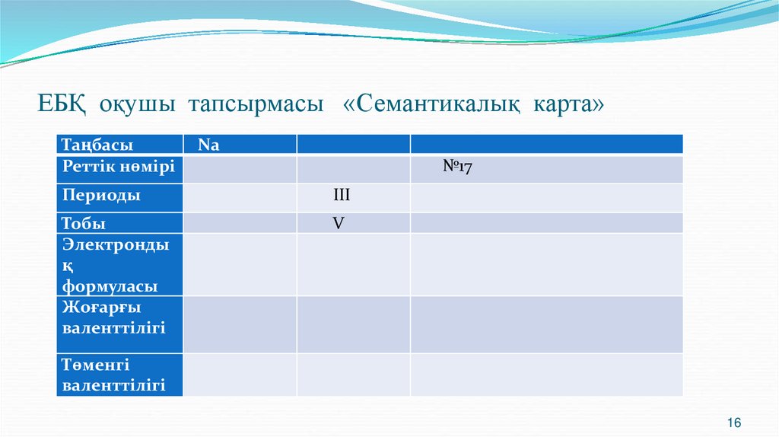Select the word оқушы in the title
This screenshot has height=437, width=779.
132,105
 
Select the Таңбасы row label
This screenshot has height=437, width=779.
98,145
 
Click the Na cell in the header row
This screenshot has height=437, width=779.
208,145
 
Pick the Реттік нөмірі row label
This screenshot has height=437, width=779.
119,167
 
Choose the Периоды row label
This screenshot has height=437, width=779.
101,195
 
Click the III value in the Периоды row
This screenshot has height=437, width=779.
342,196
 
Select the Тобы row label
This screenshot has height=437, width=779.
84,223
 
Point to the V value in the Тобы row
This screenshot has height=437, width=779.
339,223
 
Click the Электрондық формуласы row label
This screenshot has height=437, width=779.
114,265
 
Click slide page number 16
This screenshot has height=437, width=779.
734,423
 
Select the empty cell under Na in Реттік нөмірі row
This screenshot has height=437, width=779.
240,169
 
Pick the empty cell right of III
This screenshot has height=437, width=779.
546,197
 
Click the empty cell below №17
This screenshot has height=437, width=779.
546,197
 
